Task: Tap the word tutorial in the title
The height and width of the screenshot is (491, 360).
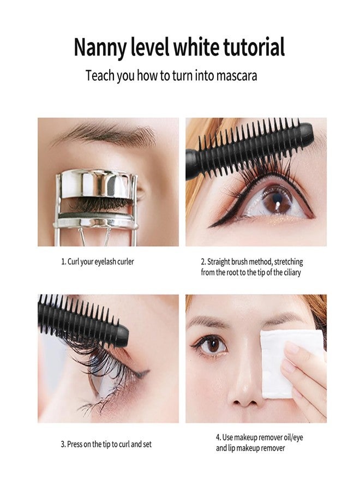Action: click(x=254, y=47)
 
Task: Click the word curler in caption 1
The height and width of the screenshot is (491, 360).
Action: click(x=125, y=261)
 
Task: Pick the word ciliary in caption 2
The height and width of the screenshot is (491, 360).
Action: click(x=292, y=272)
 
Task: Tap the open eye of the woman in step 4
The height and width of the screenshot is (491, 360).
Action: click(x=211, y=346)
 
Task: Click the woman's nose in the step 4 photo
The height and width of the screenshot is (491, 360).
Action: click(x=244, y=388)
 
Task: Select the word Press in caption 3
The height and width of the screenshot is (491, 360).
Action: click(x=75, y=444)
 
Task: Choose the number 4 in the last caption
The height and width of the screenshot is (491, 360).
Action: click(x=218, y=437)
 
